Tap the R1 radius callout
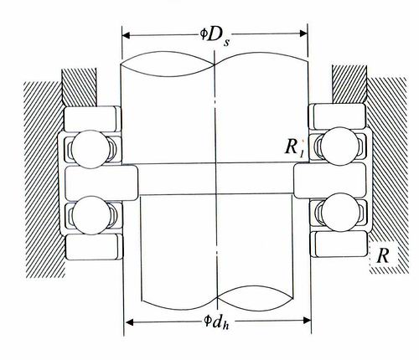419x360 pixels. pyautogui.click(x=293, y=148)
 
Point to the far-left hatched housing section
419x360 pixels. pyautogui.click(x=38, y=176)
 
